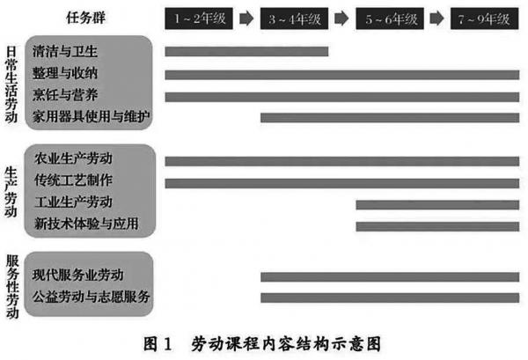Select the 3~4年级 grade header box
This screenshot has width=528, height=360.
pos(293,18)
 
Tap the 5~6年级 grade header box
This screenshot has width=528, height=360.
pos(388,18)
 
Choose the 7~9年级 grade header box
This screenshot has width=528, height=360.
pos(482,18)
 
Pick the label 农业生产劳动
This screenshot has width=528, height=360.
pos(74,160)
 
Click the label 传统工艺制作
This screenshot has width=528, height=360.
pos(74,182)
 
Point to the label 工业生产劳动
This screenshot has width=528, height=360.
pos(74,204)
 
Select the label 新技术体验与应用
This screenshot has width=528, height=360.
pos(86,225)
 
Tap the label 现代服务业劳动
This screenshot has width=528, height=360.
pos(80,276)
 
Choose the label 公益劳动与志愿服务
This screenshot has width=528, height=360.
pos(92,297)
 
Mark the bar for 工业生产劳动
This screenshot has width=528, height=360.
pos(437,204)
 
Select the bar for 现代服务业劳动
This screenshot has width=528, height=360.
pos(390,276)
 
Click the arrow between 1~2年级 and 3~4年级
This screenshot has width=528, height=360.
pos(246,18)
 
